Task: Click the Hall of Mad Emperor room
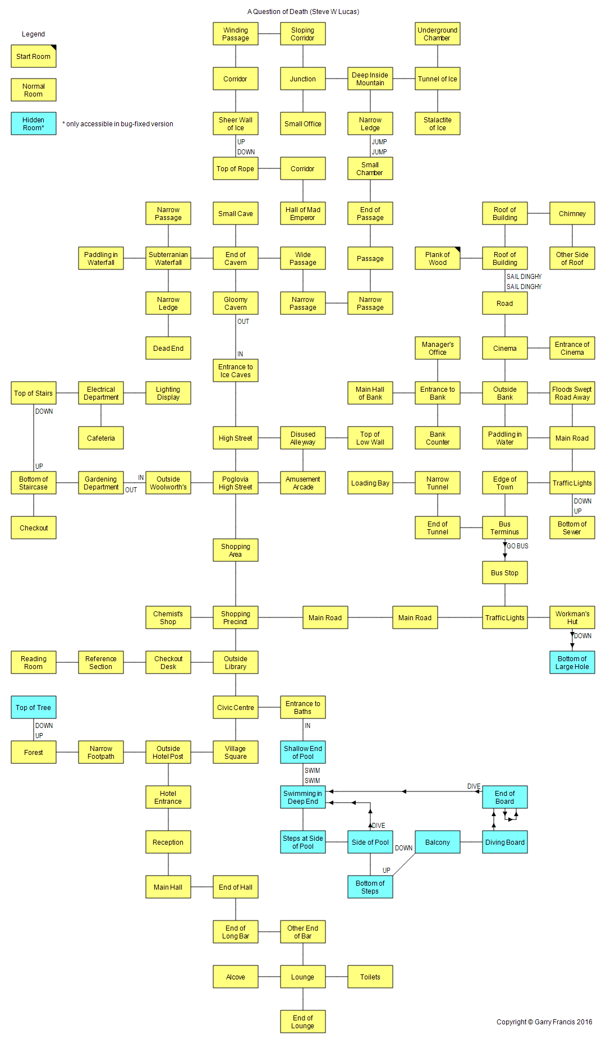[x=303, y=213]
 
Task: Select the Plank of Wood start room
[x=438, y=258]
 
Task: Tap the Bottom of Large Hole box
[x=572, y=662]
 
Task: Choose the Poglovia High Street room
[x=236, y=483]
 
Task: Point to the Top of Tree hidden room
[x=34, y=707]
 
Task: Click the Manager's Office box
[x=438, y=348]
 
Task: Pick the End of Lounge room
[x=303, y=1022]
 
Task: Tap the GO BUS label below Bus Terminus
[x=517, y=546]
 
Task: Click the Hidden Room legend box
[x=34, y=123]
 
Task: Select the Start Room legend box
[x=34, y=56]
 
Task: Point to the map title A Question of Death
[x=303, y=12]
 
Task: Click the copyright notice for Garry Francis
[x=544, y=1022]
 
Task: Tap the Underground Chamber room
[x=438, y=34]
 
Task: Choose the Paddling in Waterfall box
[x=101, y=258]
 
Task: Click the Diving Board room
[x=505, y=842]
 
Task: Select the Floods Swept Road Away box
[x=572, y=393]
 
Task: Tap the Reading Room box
[x=34, y=662]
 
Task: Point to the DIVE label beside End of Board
[x=474, y=786]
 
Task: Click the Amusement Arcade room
[x=303, y=483]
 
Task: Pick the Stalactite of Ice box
[x=438, y=123]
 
